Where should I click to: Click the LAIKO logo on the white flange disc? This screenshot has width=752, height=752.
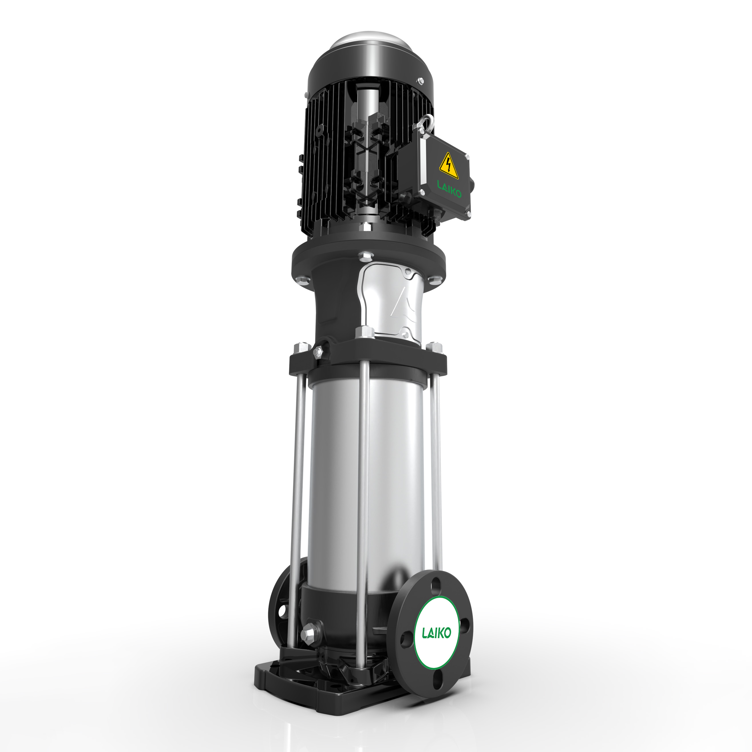437,632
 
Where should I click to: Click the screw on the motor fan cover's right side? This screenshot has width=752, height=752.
420,81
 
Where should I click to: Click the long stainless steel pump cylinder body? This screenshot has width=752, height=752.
366,479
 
